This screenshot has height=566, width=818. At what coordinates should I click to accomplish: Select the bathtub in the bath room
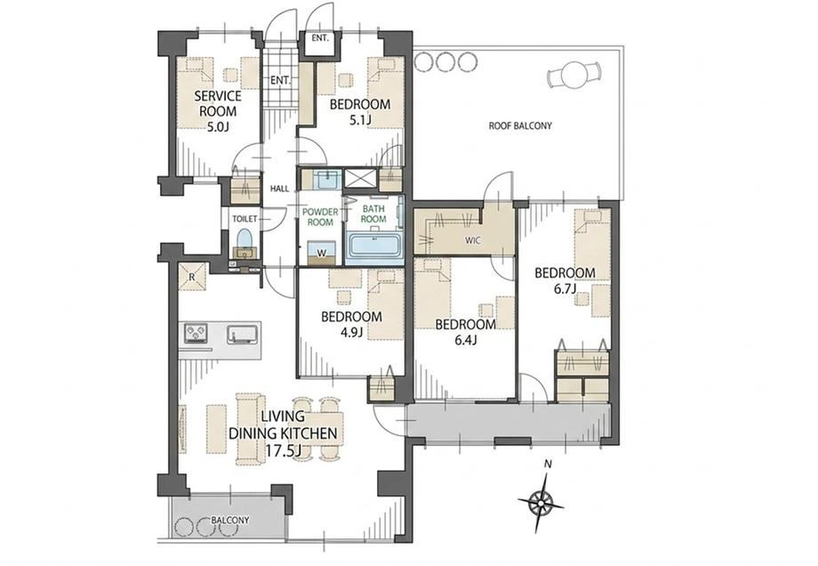pyautogui.click(x=373, y=246)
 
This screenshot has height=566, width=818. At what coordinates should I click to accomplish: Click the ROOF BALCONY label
pyautogui.click(x=520, y=125)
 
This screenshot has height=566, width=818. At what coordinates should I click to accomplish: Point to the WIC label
pyautogui.click(x=474, y=241)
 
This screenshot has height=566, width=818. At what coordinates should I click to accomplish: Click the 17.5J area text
pyautogui.click(x=283, y=450)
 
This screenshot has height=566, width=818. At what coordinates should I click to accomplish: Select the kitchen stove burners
pyautogui.click(x=195, y=333)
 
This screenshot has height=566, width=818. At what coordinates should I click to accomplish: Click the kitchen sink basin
pyautogui.click(x=243, y=334)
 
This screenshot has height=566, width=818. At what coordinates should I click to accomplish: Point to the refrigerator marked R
pyautogui.click(x=192, y=277)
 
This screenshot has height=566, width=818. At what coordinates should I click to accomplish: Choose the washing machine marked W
pyautogui.click(x=321, y=254)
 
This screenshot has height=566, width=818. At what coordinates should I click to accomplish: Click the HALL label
pyautogui.click(x=279, y=189)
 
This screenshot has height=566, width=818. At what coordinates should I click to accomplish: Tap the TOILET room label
pyautogui.click(x=245, y=219)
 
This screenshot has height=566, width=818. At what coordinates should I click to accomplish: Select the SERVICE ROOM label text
pyautogui.click(x=218, y=103)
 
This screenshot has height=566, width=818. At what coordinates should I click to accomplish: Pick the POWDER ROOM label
pyautogui.click(x=320, y=217)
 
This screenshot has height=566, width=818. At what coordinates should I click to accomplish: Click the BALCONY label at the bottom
pyautogui.click(x=230, y=521)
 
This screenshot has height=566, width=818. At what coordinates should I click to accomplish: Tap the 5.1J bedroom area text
pyautogui.click(x=360, y=120)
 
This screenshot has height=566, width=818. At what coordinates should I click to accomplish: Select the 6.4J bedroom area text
pyautogui.click(x=465, y=341)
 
